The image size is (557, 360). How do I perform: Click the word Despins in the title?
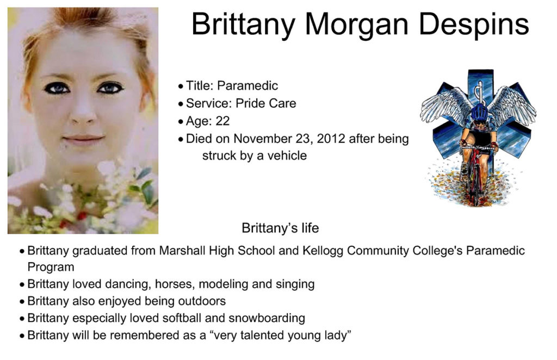(474, 24)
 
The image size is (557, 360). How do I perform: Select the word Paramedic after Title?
(247, 85)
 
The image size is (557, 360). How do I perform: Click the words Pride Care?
(265, 103)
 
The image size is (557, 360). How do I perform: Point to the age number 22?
(222, 121)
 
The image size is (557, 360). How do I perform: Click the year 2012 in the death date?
(331, 139)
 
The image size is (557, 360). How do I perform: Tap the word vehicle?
(287, 156)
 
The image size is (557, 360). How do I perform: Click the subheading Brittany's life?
(280, 228)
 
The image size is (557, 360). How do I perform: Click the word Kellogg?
(323, 251)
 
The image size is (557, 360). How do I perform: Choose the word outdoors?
(202, 301)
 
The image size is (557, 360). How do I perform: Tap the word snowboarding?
(267, 319)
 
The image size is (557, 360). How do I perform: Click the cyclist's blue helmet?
(479, 112)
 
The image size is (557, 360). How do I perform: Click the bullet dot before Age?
(181, 122)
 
